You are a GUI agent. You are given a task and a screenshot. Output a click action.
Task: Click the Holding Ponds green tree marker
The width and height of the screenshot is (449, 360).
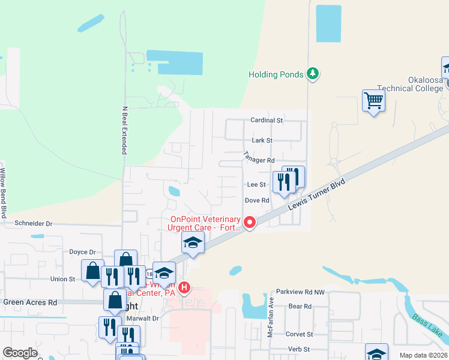click(x=312, y=74)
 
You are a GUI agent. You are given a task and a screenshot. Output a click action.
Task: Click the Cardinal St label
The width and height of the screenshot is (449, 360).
click(x=267, y=120)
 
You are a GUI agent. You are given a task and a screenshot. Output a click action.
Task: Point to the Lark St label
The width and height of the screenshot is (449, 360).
click(x=262, y=140)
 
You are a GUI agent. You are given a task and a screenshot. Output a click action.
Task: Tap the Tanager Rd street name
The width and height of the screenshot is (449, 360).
click(x=259, y=157)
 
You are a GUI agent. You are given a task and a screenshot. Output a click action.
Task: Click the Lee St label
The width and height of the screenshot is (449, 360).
click(x=256, y=185)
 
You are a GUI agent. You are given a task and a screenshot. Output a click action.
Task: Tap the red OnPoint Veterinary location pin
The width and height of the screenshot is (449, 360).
click(x=249, y=223)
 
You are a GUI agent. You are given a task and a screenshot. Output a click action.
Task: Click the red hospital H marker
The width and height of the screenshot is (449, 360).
click(x=184, y=287)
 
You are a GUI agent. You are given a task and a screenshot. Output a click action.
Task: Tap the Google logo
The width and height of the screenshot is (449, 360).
click(x=20, y=353)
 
